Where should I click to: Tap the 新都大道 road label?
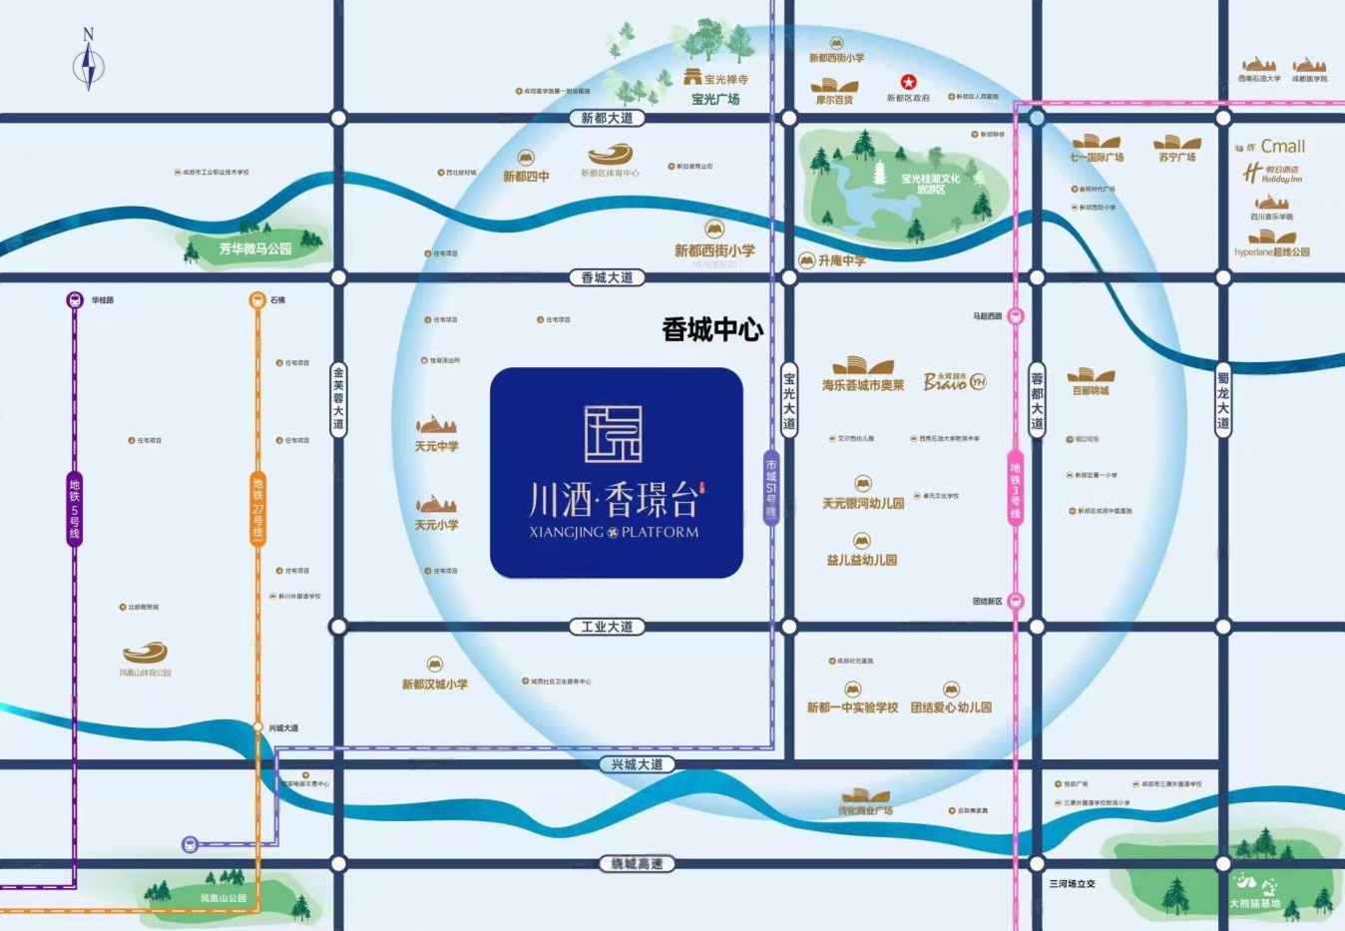click(607, 118)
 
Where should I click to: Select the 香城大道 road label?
click(607, 277)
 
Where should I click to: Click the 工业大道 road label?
click(607, 627)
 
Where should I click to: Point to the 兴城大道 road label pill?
click(637, 764)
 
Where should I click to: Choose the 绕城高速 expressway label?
click(637, 864)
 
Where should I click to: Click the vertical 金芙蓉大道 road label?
click(338, 398)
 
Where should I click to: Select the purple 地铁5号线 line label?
click(74, 509)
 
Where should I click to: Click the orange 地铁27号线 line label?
click(257, 509)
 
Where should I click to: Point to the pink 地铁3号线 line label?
click(1015, 490)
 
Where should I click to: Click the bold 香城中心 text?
click(712, 330)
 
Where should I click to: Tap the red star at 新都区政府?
click(908, 82)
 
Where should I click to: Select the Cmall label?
click(1282, 147)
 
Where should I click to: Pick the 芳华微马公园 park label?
click(255, 248)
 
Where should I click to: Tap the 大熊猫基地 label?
click(1254, 903)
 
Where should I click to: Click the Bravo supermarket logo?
click(954, 381)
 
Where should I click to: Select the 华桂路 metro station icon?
click(75, 299)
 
